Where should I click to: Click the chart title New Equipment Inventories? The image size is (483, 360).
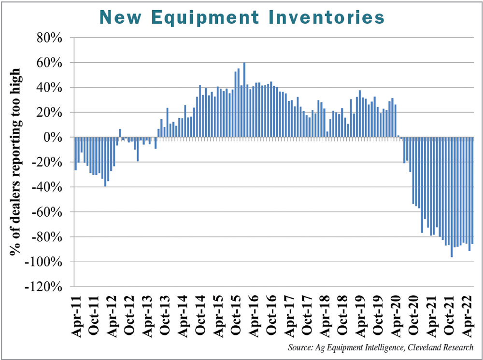(241, 17)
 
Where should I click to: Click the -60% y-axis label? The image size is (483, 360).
(47, 212)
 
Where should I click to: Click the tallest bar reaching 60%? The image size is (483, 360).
(244, 100)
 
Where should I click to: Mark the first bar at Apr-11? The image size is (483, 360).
(76, 153)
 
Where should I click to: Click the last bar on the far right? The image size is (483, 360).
(472, 191)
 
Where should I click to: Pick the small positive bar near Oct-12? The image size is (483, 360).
(120, 133)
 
